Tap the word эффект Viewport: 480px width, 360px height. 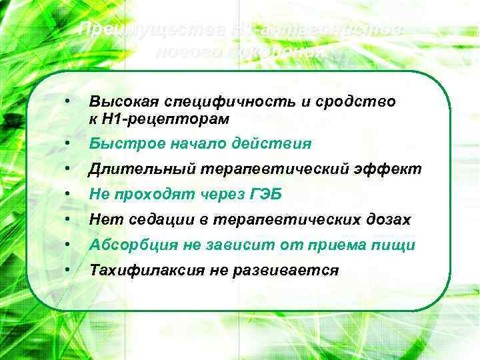pos(394,169)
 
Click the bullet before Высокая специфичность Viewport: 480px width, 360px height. pos(67,101)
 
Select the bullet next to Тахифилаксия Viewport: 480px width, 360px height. pos(67,270)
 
